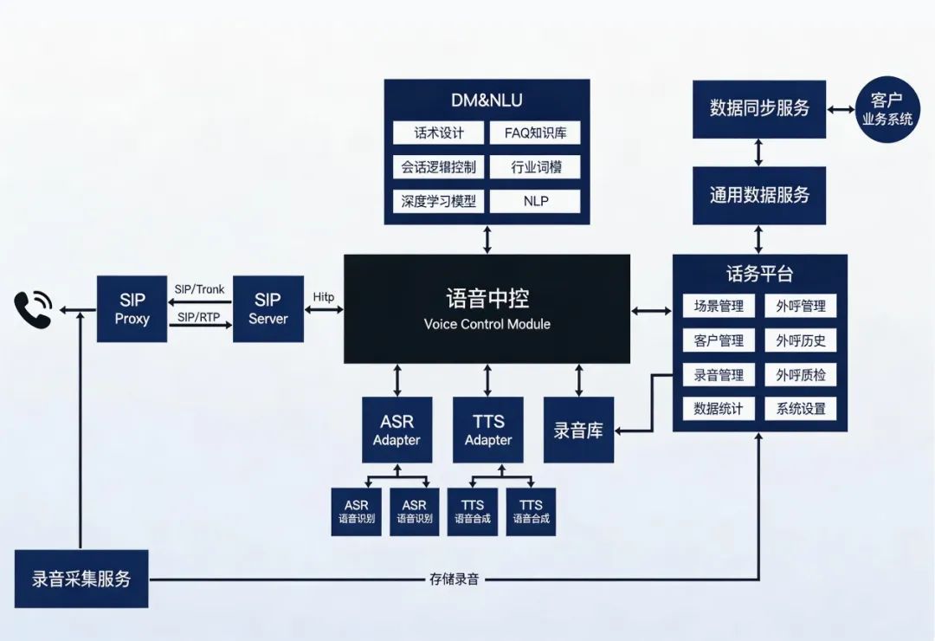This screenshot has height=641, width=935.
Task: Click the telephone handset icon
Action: (x=33, y=309)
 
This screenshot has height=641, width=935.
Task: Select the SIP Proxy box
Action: (x=132, y=308)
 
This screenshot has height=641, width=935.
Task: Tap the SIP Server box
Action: (x=268, y=308)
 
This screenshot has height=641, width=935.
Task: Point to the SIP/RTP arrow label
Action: (x=198, y=317)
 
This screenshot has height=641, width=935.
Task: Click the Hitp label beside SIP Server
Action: (x=324, y=297)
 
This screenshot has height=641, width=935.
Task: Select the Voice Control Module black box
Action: (x=487, y=308)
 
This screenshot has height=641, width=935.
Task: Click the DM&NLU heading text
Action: (x=487, y=100)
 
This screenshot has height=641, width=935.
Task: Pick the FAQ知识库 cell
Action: (x=534, y=133)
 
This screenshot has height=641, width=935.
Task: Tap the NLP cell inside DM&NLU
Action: (x=534, y=201)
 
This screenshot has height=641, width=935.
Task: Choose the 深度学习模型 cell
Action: (x=438, y=201)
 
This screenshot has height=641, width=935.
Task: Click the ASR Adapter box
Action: (x=397, y=430)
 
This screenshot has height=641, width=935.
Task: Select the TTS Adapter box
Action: (x=488, y=430)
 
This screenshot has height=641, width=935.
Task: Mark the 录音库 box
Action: (x=578, y=430)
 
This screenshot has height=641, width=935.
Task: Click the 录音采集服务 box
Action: (x=81, y=579)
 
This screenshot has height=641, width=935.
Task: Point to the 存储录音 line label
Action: (x=454, y=579)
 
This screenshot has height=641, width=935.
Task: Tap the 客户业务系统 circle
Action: (x=887, y=109)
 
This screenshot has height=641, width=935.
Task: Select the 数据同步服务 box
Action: (x=759, y=109)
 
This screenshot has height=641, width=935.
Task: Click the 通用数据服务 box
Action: (x=759, y=196)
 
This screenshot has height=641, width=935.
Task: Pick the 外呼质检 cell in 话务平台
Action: (x=801, y=375)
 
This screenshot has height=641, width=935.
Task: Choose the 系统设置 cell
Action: (x=801, y=409)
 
